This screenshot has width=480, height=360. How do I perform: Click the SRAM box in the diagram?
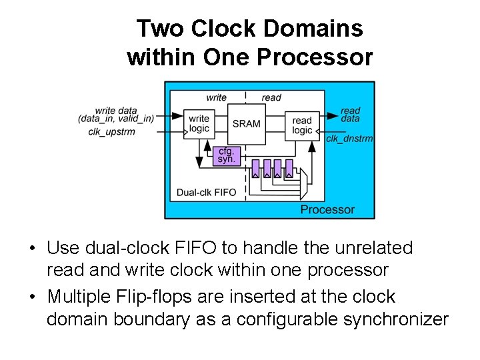coord(247,124)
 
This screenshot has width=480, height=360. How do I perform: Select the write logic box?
coord(199,124)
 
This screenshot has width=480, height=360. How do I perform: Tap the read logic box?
coord(302,125)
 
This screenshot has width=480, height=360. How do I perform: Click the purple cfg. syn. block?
coord(227,156)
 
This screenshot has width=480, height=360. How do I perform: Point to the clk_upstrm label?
coord(112,131)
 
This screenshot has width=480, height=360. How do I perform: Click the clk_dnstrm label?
coord(349,139)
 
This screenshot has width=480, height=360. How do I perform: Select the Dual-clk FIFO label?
coord(207,193)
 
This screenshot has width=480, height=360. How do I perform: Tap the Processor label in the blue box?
coord(327,209)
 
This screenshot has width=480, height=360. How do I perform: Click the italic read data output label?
coord(350,115)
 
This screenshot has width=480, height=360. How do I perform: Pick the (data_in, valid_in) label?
coord(116,119)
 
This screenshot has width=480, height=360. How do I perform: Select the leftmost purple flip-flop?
coord(255,167)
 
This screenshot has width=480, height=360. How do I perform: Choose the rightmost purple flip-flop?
coord(289,167)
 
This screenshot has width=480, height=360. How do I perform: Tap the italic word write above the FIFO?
coord(217,97)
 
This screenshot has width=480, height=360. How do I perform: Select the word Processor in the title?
coord(315,57)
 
